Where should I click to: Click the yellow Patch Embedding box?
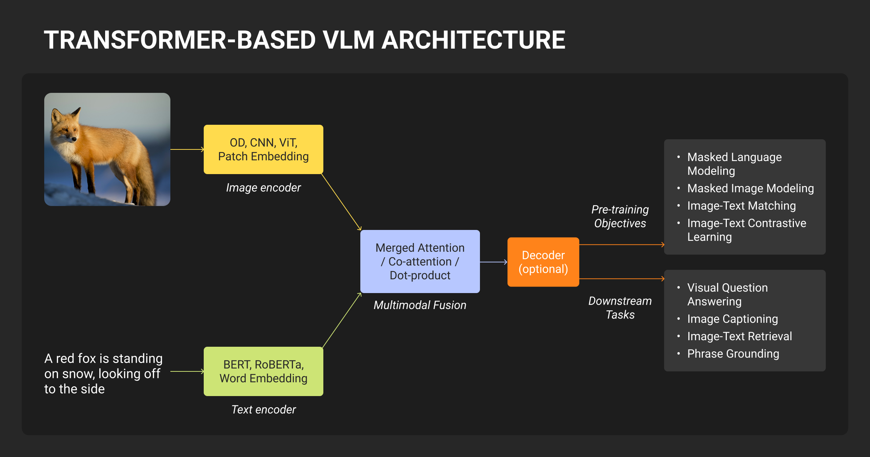(263, 149)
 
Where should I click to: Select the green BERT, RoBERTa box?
(263, 371)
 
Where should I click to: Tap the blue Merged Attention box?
(420, 261)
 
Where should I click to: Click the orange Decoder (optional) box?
(543, 262)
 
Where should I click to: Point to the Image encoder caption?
(263, 188)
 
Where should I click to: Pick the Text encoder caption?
(263, 409)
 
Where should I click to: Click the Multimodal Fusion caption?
(420, 305)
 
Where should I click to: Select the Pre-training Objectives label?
(620, 216)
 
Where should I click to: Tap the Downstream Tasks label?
(620, 308)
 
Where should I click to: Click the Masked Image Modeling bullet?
(750, 188)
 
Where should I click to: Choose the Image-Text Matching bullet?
(741, 206)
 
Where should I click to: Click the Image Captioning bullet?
(732, 319)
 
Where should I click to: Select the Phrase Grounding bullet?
(733, 354)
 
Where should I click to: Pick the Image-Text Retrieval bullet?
(739, 336)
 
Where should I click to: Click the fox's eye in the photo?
(65, 129)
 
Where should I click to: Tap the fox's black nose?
(74, 139)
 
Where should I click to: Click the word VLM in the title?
(348, 40)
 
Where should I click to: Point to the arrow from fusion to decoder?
(493, 262)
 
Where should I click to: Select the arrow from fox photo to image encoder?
(187, 149)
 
